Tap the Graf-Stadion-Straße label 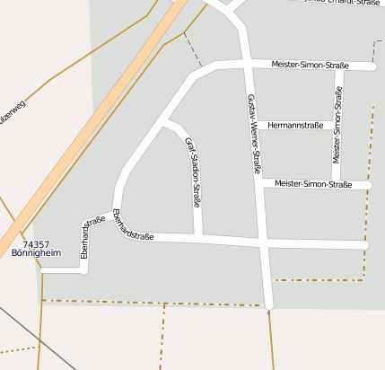(x=192, y=173)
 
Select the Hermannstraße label (x=295, y=125)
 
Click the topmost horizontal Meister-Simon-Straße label (x=310, y=65)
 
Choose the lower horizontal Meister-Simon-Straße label (x=313, y=184)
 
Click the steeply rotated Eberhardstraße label (x=87, y=239)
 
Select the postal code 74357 (x=36, y=244)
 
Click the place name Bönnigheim (x=36, y=253)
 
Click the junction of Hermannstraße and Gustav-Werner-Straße (x=254, y=125)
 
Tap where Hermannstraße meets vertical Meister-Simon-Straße (x=337, y=125)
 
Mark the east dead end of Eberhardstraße (x=366, y=245)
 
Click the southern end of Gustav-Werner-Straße (x=269, y=305)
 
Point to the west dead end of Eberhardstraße (x=43, y=269)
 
